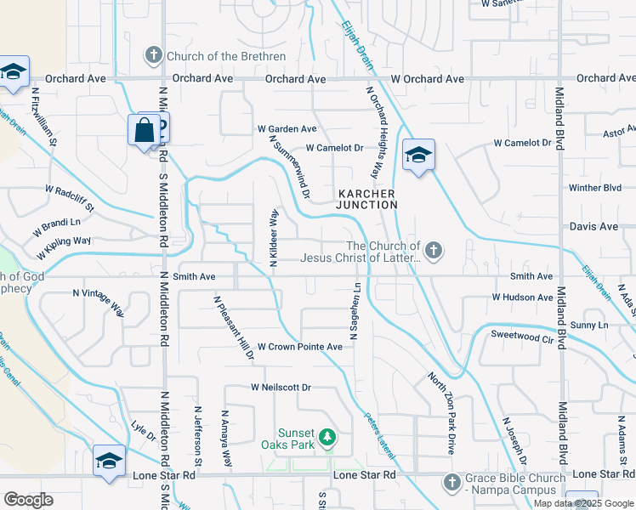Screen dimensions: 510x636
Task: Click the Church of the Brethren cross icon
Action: tap(154, 56)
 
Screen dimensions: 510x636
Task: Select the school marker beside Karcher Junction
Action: tap(418, 156)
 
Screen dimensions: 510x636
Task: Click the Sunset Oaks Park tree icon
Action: tap(327, 439)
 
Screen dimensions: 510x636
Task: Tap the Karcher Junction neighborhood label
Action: tap(366, 199)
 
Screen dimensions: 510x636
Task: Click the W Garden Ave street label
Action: tap(287, 129)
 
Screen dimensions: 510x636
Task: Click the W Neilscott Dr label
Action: tap(281, 388)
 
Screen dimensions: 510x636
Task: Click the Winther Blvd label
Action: tap(595, 188)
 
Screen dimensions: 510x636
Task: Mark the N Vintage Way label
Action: tap(99, 303)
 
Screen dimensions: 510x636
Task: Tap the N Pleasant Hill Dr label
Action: tap(234, 327)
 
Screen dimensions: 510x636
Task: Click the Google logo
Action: tap(28, 500)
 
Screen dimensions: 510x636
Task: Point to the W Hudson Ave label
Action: tap(522, 297)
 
